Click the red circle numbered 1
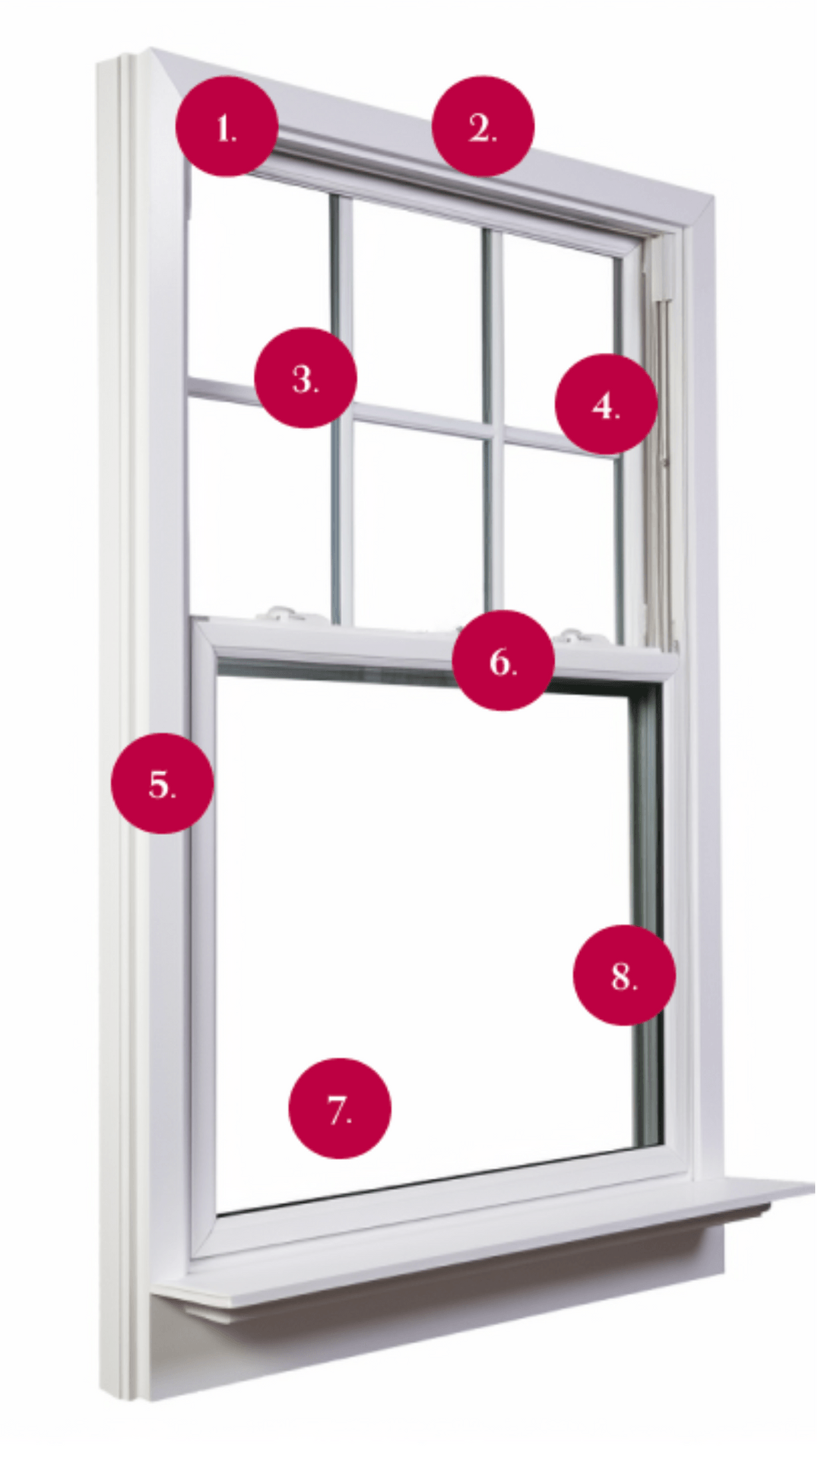(226, 126)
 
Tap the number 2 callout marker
(483, 126)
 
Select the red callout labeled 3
(305, 377)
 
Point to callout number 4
(606, 404)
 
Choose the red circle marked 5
(162, 783)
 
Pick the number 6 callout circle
(502, 660)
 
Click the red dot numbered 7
(339, 1108)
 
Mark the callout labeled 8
(623, 974)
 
